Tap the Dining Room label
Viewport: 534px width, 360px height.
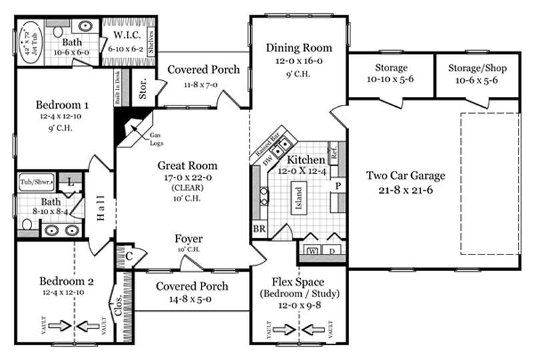tap(298, 47)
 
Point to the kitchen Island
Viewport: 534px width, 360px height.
tap(299, 198)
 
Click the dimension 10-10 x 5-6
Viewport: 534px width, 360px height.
tap(390, 79)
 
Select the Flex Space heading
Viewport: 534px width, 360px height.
tap(298, 281)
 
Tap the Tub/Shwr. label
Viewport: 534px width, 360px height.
tap(35, 180)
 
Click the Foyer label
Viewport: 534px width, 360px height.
tap(189, 239)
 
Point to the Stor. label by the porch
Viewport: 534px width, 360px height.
tap(143, 92)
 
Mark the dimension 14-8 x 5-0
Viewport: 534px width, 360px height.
tap(192, 299)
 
